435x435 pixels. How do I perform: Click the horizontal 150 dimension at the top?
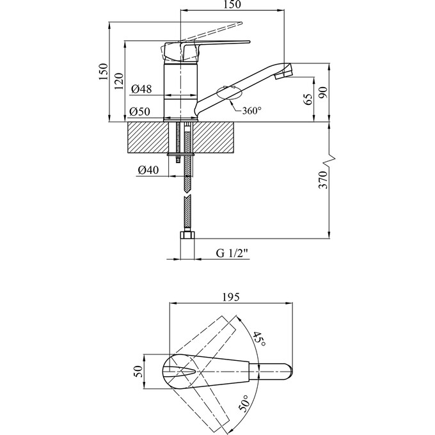point(232,6)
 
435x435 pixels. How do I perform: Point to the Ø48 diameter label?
point(140,89)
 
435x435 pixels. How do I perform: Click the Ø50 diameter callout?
point(140,112)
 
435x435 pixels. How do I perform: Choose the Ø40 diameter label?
point(148,170)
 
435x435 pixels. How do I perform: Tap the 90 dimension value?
point(323,91)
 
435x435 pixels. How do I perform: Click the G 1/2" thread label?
point(231,254)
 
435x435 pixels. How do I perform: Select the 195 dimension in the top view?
point(231,297)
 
